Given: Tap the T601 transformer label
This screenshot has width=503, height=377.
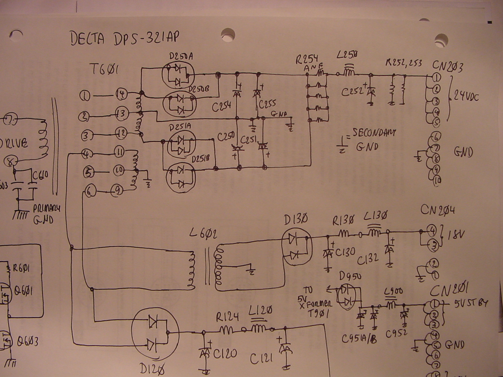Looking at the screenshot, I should pos(104,69).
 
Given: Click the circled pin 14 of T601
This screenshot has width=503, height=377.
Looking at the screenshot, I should pos(121,93).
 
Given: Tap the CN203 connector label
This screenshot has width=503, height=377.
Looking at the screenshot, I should pos(447,66).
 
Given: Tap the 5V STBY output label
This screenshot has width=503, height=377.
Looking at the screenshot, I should pos(471,303).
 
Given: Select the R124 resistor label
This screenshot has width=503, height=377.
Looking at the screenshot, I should pos(227,317).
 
